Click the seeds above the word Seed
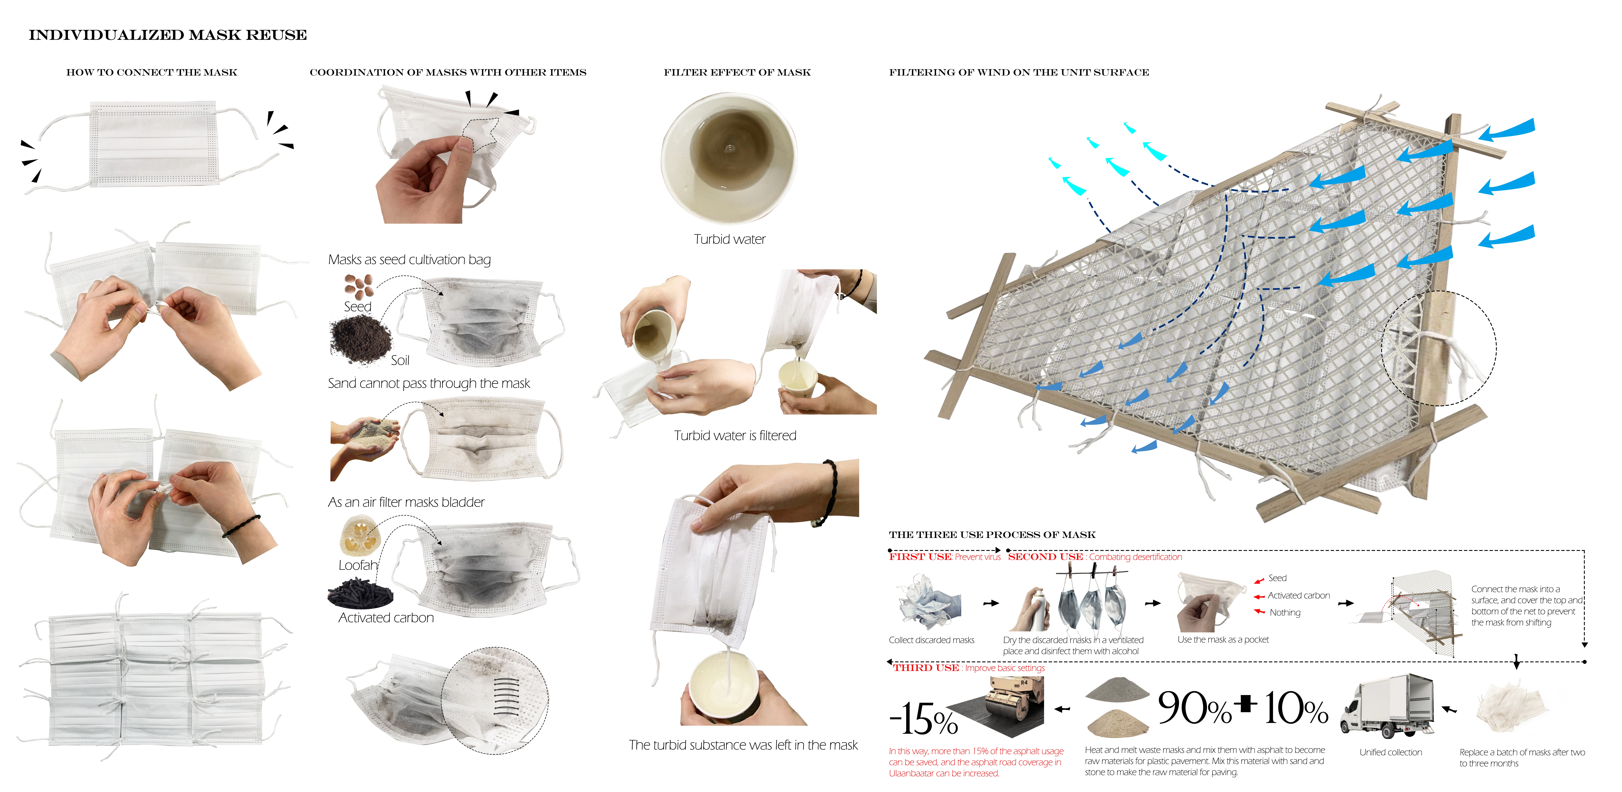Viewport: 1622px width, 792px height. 359,287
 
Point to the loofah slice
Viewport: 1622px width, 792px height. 360,537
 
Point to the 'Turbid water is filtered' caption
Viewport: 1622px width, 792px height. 735,435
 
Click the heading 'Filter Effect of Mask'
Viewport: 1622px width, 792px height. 737,72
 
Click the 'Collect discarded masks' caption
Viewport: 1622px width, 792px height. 931,640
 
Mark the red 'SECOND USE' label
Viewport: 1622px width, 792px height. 1045,557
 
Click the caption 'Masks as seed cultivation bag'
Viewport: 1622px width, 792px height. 409,260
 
